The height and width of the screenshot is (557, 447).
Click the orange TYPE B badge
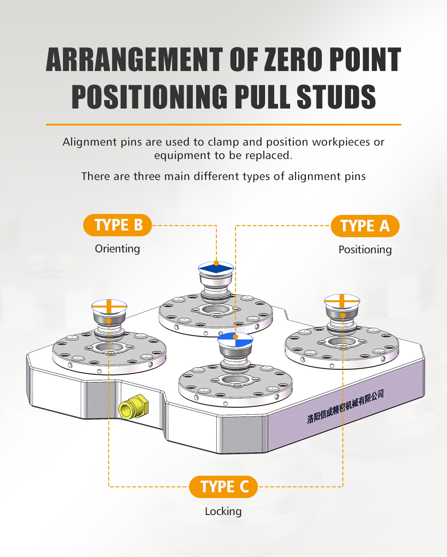click(117, 225)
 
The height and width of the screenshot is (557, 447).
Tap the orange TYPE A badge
click(365, 226)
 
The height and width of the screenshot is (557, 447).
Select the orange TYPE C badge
click(223, 487)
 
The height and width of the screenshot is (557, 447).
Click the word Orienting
click(117, 249)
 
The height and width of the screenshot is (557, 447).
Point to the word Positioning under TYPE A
click(365, 250)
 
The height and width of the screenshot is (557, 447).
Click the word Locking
click(223, 512)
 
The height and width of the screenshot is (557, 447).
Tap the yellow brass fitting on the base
click(134, 406)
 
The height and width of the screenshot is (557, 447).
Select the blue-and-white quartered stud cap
click(235, 339)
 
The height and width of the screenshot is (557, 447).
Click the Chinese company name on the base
click(345, 406)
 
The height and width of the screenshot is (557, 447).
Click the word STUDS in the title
click(336, 96)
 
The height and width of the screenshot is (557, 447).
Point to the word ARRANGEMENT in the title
click(134, 60)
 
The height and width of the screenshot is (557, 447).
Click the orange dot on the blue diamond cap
click(216, 263)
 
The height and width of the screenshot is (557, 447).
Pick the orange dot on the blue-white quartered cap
click(236, 337)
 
